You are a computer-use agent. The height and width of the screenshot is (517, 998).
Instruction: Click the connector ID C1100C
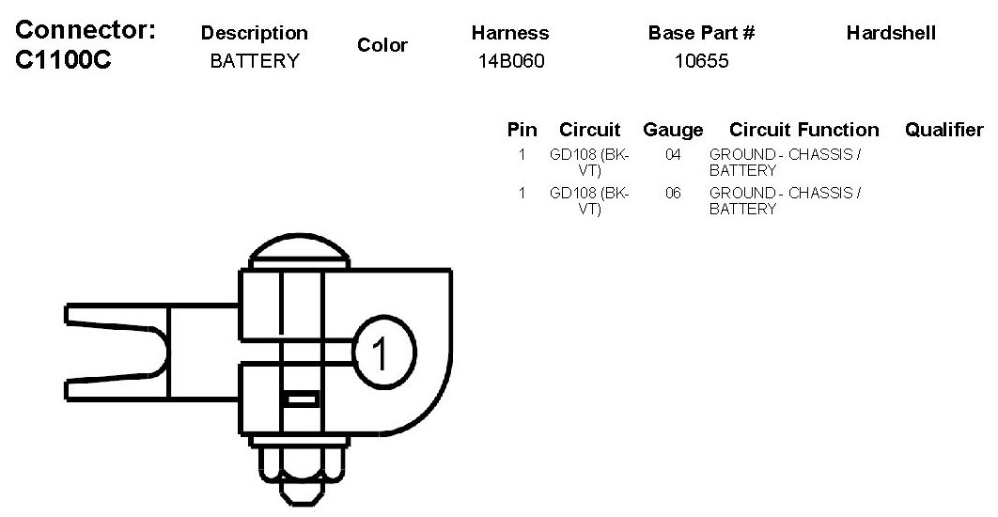tap(63, 60)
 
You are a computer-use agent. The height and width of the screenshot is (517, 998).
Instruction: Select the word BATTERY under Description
tap(255, 61)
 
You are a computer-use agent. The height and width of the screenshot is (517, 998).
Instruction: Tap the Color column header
tap(382, 45)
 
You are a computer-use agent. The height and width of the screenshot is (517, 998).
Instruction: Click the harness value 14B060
tap(511, 61)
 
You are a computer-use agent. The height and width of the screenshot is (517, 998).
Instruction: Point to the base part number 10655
tap(701, 61)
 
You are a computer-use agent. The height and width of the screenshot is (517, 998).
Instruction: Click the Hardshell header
tap(891, 33)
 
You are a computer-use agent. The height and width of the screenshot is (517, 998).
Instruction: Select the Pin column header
tap(522, 130)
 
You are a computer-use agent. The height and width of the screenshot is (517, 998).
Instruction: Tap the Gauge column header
tap(673, 130)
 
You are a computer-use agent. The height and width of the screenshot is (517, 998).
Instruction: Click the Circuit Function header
tap(803, 130)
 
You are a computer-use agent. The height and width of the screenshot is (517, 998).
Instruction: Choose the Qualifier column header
tap(943, 130)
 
